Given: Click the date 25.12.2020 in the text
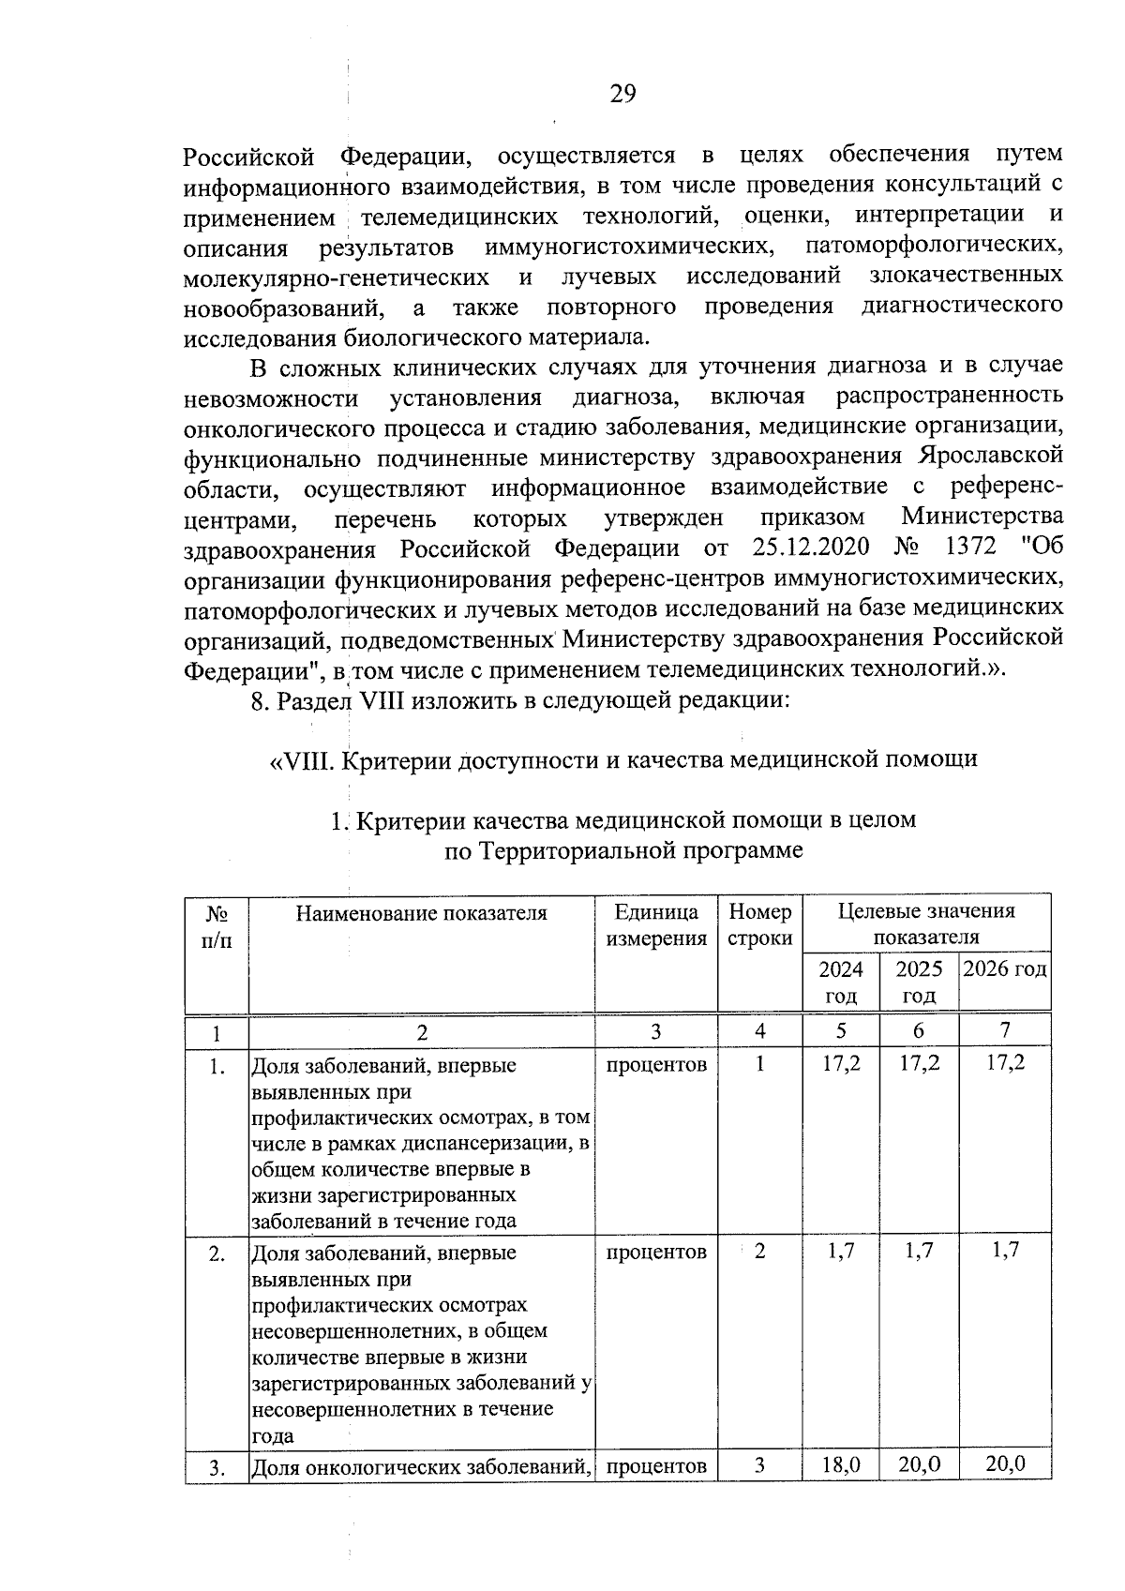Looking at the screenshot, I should (811, 547).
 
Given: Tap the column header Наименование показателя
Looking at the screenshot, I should (421, 913).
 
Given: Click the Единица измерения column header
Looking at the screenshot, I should (655, 925).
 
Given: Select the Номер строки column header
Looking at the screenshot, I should (759, 925).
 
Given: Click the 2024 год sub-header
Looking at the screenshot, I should (841, 982).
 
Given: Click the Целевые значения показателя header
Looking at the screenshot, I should (925, 924).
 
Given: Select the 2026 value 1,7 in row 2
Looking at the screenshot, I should (1004, 1250).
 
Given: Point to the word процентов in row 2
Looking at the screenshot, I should (655, 1252).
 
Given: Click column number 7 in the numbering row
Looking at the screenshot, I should (1004, 1030).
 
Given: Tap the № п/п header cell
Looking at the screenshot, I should (217, 925).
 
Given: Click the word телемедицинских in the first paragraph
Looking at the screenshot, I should (459, 217).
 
